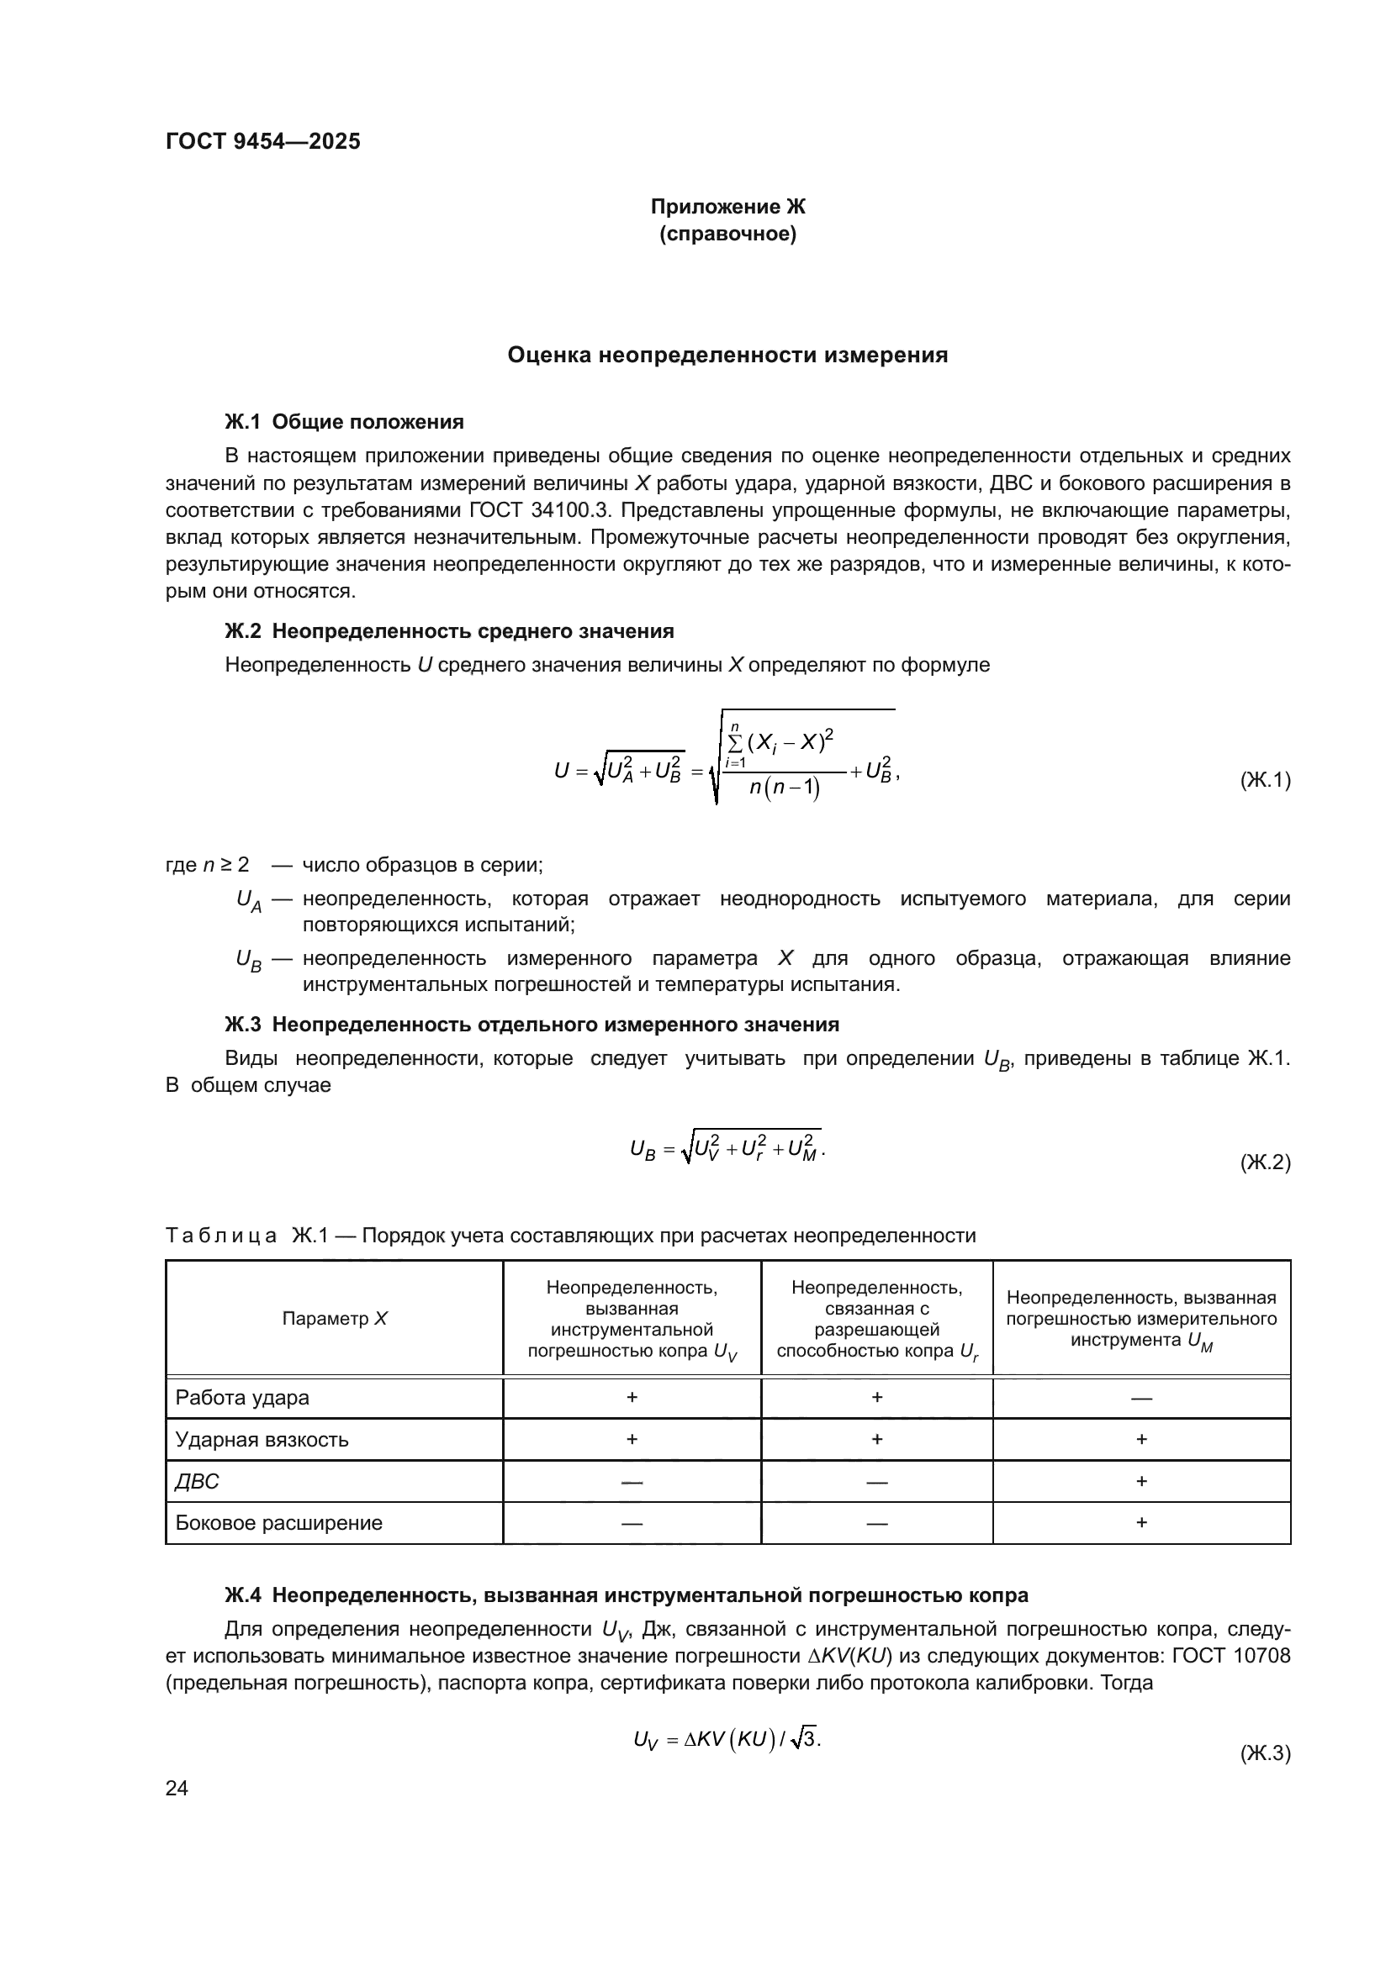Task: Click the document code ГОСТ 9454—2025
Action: coord(263,142)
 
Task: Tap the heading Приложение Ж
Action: coord(727,207)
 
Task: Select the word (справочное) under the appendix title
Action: coord(727,234)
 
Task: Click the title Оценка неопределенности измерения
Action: coord(727,355)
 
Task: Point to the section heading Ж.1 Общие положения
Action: coord(343,421)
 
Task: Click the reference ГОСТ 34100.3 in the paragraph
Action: coord(539,510)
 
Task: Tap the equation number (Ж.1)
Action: coord(1264,780)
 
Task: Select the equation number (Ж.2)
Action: coord(1264,1162)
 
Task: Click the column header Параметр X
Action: coord(334,1319)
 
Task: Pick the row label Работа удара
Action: coord(242,1398)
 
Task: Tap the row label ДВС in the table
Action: coord(197,1481)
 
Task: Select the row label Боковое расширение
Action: coord(278,1522)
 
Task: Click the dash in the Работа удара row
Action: coord(1141,1399)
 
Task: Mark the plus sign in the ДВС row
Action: coord(1141,1481)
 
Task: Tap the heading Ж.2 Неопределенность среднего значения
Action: coord(449,631)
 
